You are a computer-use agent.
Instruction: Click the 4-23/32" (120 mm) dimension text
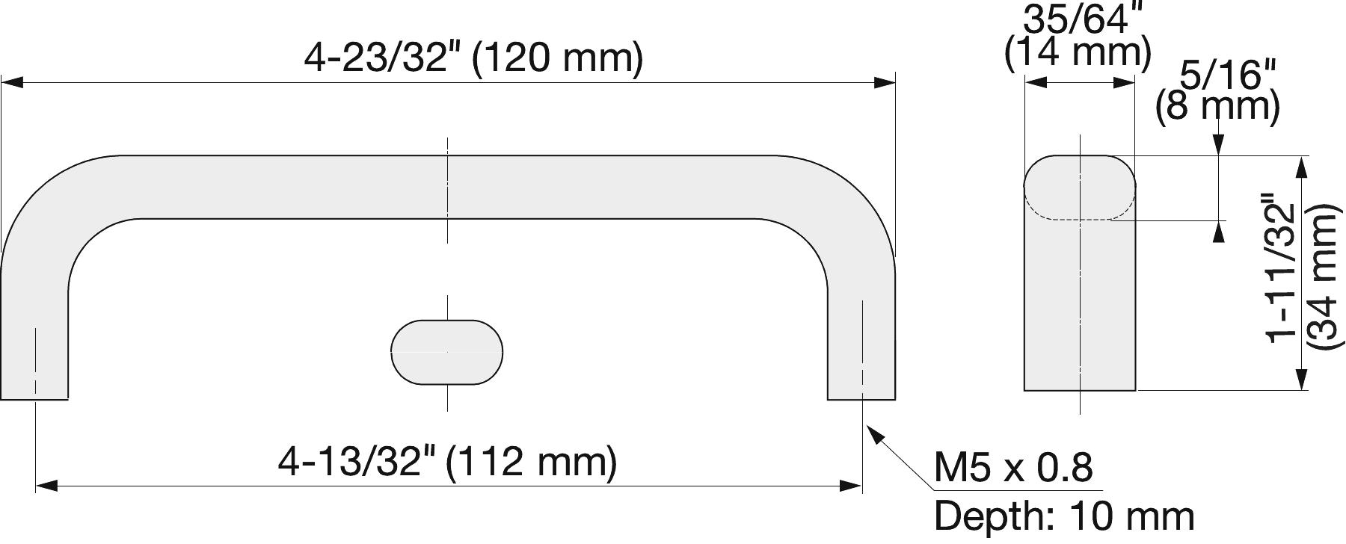473,58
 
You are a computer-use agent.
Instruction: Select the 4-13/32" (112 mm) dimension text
447,461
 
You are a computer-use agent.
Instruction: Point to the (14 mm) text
1078,54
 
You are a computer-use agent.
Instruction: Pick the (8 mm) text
1217,107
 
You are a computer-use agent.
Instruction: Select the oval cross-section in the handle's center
446,352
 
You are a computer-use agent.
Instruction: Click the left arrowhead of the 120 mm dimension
12,82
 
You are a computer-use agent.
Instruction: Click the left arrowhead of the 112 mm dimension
46,486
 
